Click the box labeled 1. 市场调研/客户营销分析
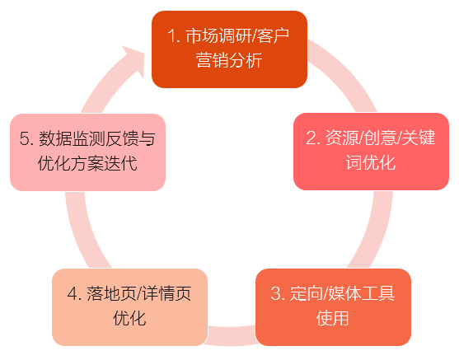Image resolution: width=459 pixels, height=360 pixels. (x=229, y=49)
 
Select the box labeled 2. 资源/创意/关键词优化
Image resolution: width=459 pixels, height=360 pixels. (x=371, y=152)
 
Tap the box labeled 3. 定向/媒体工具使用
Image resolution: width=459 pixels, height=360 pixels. (x=333, y=307)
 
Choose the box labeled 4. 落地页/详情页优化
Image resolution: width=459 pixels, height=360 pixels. (x=129, y=307)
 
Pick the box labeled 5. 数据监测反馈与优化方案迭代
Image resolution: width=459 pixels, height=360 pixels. (x=88, y=152)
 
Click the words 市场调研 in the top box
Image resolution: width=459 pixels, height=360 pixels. (x=218, y=36)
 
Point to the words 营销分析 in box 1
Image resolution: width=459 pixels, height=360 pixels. (x=229, y=61)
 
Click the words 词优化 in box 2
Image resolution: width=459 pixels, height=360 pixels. (x=371, y=162)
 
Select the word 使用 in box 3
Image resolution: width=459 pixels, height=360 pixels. (x=333, y=318)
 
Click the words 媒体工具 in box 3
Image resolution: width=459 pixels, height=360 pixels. (x=362, y=293)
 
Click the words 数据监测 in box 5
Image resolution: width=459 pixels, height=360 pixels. (x=72, y=138)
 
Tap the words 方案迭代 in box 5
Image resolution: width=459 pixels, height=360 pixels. (x=104, y=163)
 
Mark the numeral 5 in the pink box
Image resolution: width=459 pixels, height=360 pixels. (x=24, y=138)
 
